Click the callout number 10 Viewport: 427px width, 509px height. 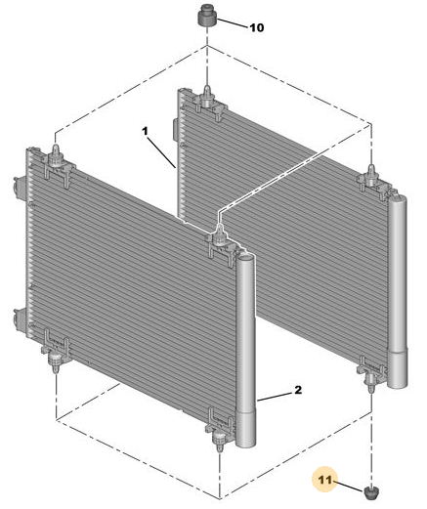[x=257, y=27]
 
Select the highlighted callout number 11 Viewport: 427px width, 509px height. [x=325, y=480]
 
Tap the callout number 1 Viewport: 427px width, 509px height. [x=145, y=131]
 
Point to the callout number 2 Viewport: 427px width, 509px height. [x=298, y=390]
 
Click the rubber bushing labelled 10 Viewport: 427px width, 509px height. [x=207, y=16]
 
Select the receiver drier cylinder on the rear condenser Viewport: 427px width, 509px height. [x=397, y=291]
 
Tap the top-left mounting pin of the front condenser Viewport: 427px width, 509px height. [x=56, y=154]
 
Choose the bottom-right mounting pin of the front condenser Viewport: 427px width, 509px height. [x=219, y=441]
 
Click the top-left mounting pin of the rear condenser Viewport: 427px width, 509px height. [x=207, y=96]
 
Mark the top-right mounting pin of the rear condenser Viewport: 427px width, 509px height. [x=371, y=176]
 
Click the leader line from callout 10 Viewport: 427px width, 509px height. [x=232, y=23]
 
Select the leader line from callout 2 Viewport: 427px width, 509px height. [x=275, y=396]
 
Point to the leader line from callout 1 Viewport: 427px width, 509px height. [x=161, y=152]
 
